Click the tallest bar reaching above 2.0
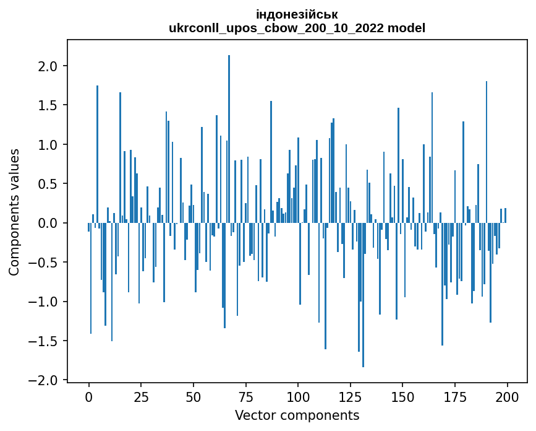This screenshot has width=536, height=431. click(229, 139)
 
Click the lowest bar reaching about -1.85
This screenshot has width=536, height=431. click(363, 295)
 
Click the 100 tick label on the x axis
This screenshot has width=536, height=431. click(298, 395)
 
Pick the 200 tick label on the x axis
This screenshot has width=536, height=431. click(507, 395)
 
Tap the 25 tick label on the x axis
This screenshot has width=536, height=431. click(141, 395)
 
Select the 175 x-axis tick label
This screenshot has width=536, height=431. click(455, 395)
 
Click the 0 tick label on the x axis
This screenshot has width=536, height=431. click(89, 395)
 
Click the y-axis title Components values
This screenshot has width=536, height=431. click(14, 212)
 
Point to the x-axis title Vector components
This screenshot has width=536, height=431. click(297, 415)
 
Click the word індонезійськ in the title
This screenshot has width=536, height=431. click(297, 14)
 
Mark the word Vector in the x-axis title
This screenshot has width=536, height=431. click(253, 415)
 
